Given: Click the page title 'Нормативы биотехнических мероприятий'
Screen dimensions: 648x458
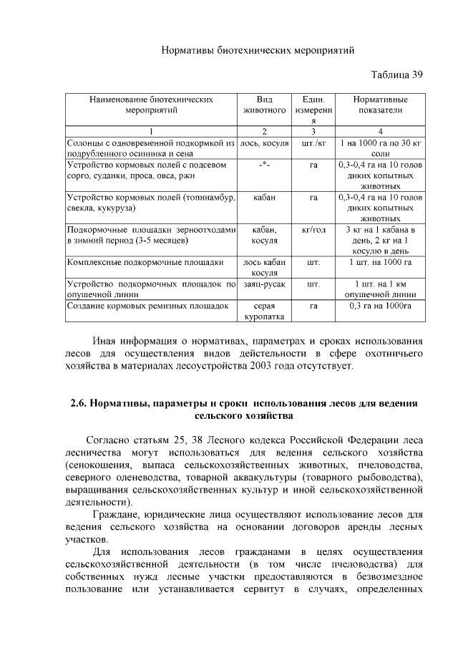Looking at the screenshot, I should pos(258,51).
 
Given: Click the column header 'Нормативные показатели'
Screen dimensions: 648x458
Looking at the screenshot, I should pos(381,105).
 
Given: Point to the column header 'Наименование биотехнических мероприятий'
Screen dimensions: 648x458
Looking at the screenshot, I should pos(151,105).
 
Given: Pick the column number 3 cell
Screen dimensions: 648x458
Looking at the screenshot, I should pos(313,132).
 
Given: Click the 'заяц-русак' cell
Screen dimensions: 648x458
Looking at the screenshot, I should pos(264,284).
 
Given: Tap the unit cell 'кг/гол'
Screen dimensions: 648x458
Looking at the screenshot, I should pos(313,230).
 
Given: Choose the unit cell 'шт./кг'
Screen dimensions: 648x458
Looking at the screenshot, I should pos(313,143).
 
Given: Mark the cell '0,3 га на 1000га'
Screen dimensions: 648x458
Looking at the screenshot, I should pos(381,305).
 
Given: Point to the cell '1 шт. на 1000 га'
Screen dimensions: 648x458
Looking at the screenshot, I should pos(381,263).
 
